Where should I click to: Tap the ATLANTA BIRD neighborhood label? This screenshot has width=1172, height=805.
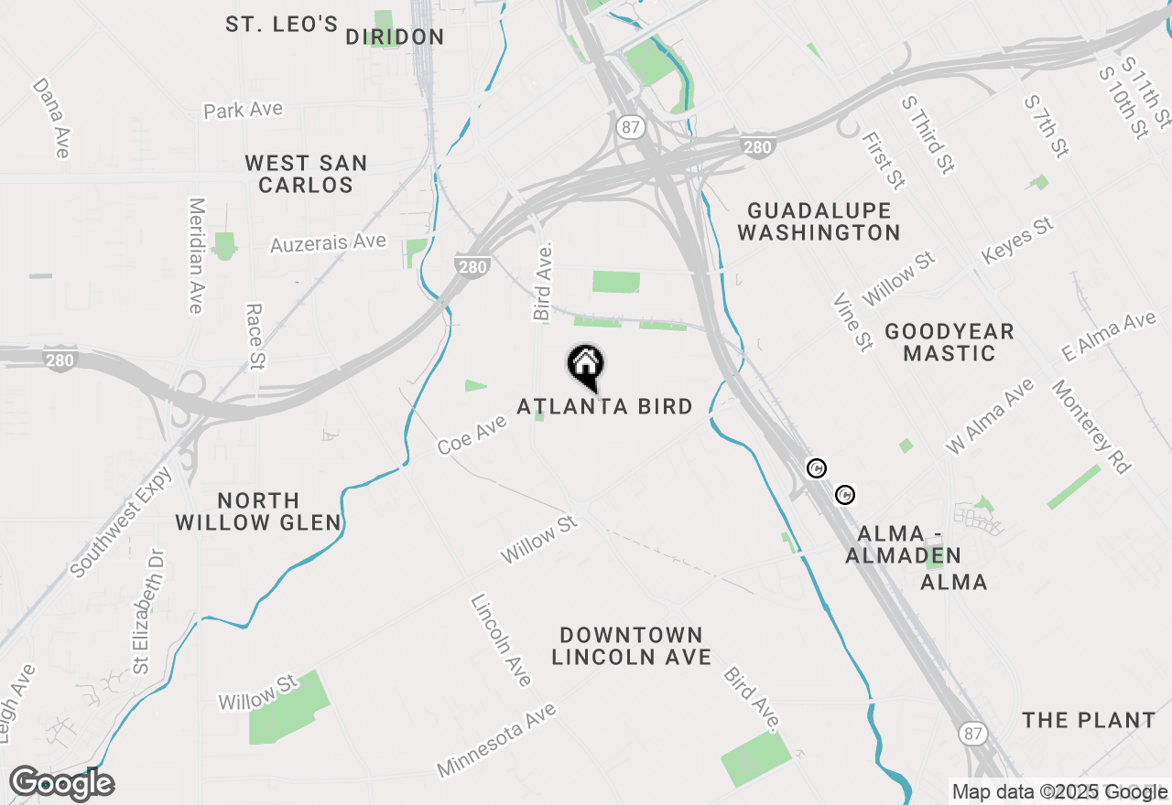click(x=604, y=406)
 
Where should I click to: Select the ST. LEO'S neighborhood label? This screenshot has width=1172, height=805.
click(x=282, y=25)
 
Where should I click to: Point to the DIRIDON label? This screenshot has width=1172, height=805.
click(x=395, y=38)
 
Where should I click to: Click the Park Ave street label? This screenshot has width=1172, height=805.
click(x=243, y=110)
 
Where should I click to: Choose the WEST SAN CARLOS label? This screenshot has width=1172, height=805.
click(x=306, y=174)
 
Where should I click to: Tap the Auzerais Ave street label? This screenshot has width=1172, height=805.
click(x=328, y=243)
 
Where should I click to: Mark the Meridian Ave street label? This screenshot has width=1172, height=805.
click(x=195, y=255)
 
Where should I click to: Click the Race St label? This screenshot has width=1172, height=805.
click(x=255, y=337)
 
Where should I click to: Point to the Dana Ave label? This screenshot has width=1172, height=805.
click(x=51, y=116)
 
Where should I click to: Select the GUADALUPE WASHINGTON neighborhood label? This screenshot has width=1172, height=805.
click(x=819, y=221)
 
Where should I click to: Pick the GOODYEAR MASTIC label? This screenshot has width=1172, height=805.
click(x=950, y=342)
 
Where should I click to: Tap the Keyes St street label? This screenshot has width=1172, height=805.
click(x=1017, y=241)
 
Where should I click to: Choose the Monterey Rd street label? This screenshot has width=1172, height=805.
click(x=1091, y=427)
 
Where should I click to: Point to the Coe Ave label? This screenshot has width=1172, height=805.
click(x=472, y=434)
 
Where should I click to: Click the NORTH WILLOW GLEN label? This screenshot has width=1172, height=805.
click(x=258, y=512)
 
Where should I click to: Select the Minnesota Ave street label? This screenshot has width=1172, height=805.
click(x=496, y=739)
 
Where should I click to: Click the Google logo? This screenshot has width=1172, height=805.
click(x=62, y=784)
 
